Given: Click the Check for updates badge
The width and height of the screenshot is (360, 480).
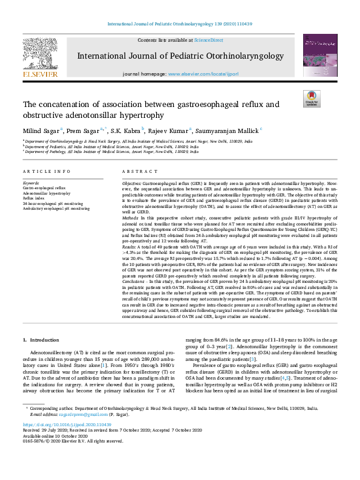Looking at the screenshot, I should (x=311, y=98).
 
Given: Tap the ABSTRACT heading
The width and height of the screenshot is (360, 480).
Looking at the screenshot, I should (x=136, y=172).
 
